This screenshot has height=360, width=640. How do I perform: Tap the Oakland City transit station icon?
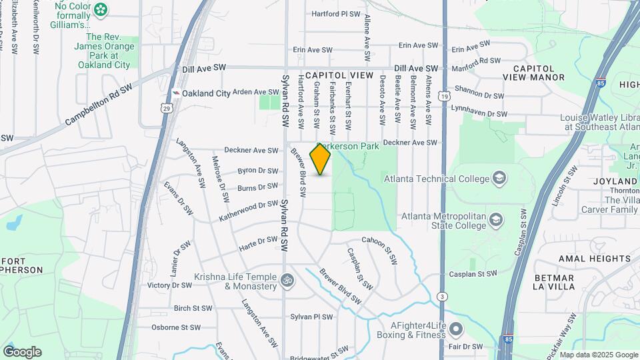(x=176, y=93)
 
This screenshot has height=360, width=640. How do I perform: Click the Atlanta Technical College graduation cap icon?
(x=499, y=178)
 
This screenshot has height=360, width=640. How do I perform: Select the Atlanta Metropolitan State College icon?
(x=496, y=219)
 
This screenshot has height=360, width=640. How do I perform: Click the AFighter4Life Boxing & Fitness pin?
(x=456, y=329)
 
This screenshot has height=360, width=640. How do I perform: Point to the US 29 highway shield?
(x=166, y=107)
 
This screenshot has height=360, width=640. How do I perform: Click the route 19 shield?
(x=443, y=97)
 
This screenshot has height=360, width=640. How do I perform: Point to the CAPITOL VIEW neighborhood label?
(x=339, y=76)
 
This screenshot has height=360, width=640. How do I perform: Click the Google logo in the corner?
(x=22, y=352)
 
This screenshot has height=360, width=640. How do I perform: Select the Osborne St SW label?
(x=176, y=327)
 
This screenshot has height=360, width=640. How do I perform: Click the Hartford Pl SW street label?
(x=337, y=13)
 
